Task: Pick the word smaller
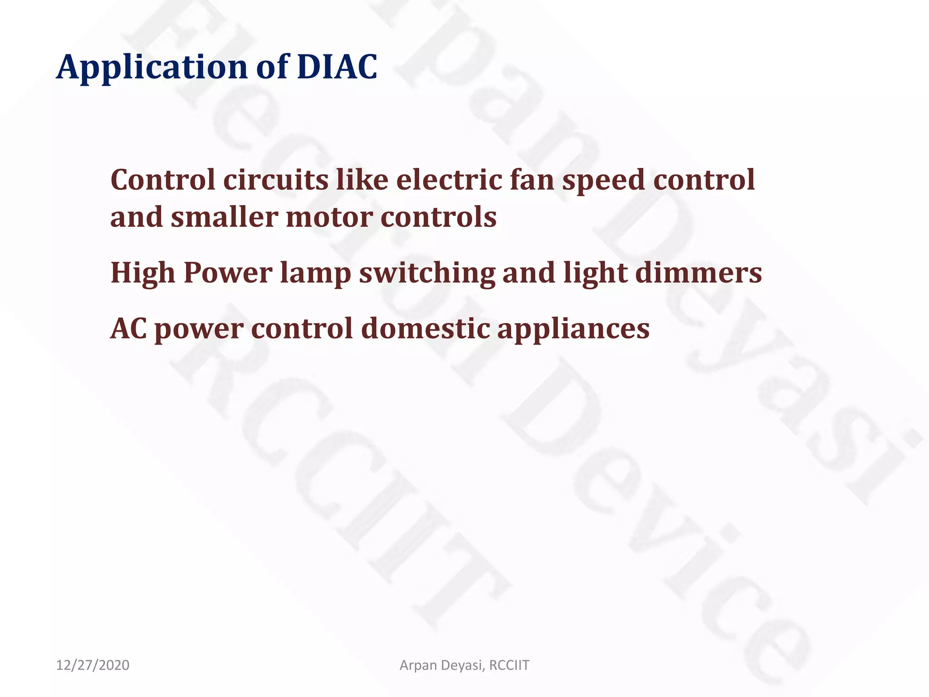(x=224, y=217)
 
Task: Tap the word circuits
(x=276, y=180)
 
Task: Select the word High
(x=143, y=273)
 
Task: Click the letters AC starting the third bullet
(x=128, y=328)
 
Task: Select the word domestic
(x=425, y=328)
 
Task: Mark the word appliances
(x=573, y=329)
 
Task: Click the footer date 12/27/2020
(x=93, y=665)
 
